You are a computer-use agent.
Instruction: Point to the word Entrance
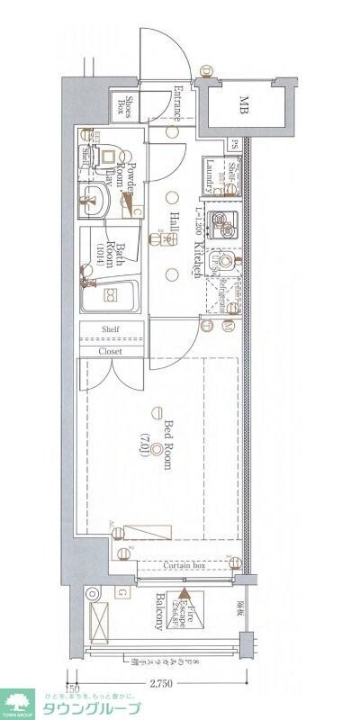point(177,103)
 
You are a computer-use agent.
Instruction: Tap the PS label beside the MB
point(233,143)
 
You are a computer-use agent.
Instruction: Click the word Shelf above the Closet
point(112,330)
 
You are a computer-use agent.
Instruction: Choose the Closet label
point(112,351)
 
